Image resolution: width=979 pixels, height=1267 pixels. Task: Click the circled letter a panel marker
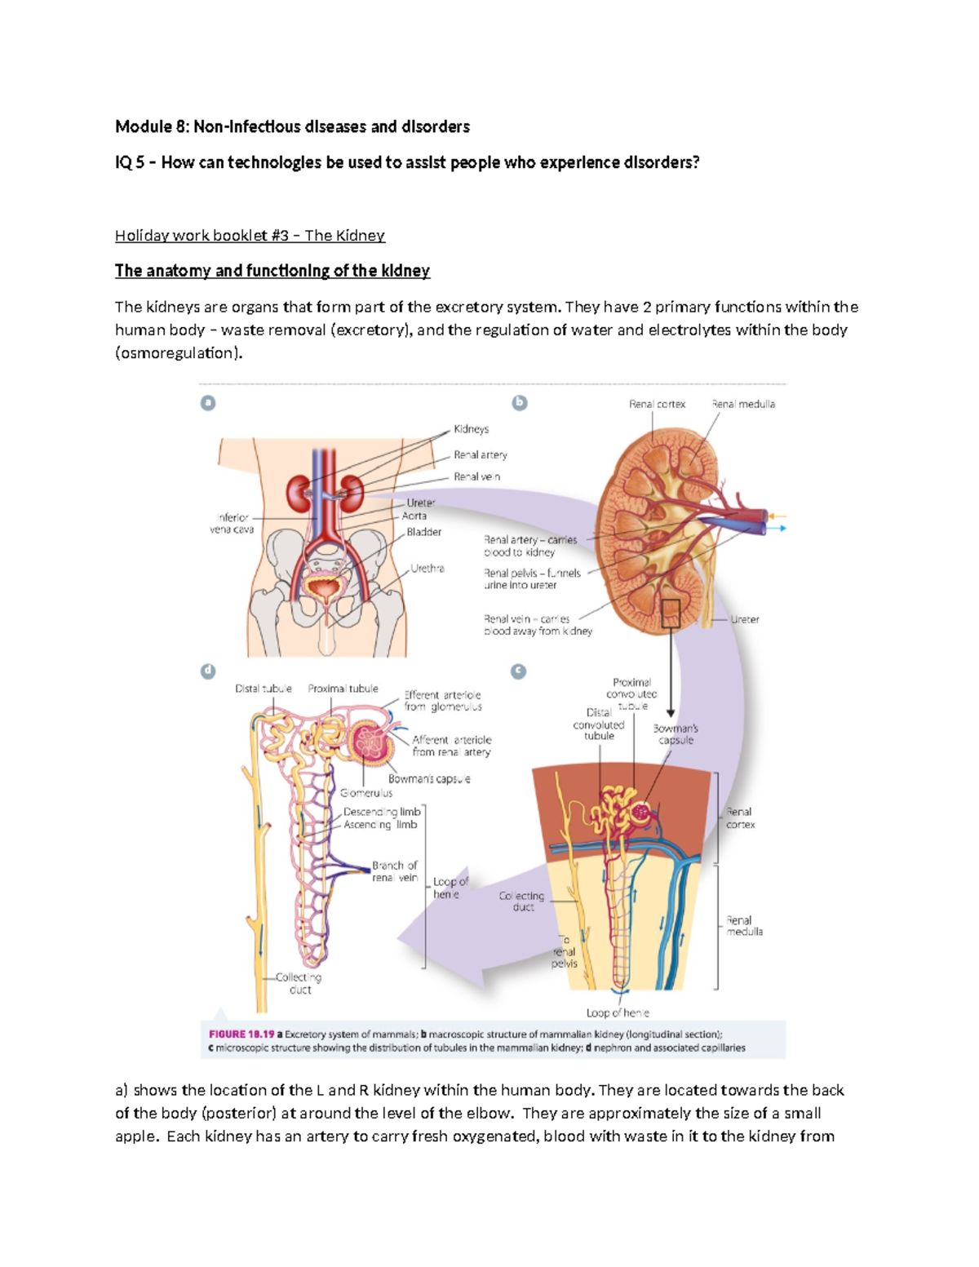[208, 402]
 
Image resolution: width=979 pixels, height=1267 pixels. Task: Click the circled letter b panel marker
[519, 402]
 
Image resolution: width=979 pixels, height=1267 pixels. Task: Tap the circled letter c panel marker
[518, 671]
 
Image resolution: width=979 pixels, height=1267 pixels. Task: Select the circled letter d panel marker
[208, 671]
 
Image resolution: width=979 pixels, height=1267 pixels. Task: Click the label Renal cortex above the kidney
[657, 404]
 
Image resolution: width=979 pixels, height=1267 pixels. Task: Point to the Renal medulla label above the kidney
[743, 404]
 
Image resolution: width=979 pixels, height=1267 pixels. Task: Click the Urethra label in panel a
[427, 569]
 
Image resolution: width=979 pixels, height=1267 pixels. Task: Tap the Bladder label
[424, 532]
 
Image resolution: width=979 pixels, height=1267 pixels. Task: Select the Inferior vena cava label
[233, 524]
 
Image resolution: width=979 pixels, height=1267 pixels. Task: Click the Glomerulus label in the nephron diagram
[366, 793]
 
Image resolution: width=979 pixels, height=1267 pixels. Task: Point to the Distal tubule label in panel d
[263, 689]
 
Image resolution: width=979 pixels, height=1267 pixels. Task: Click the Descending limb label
[382, 812]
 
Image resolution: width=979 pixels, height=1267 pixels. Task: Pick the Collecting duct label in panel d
[299, 983]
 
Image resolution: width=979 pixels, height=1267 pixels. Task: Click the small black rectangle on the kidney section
[671, 614]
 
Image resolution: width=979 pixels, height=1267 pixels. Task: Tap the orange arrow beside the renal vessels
[777, 516]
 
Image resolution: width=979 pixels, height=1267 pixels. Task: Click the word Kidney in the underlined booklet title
[360, 236]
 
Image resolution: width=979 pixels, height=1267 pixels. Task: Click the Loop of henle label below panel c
[618, 1012]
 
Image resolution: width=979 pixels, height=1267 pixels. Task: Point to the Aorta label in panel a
[414, 516]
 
